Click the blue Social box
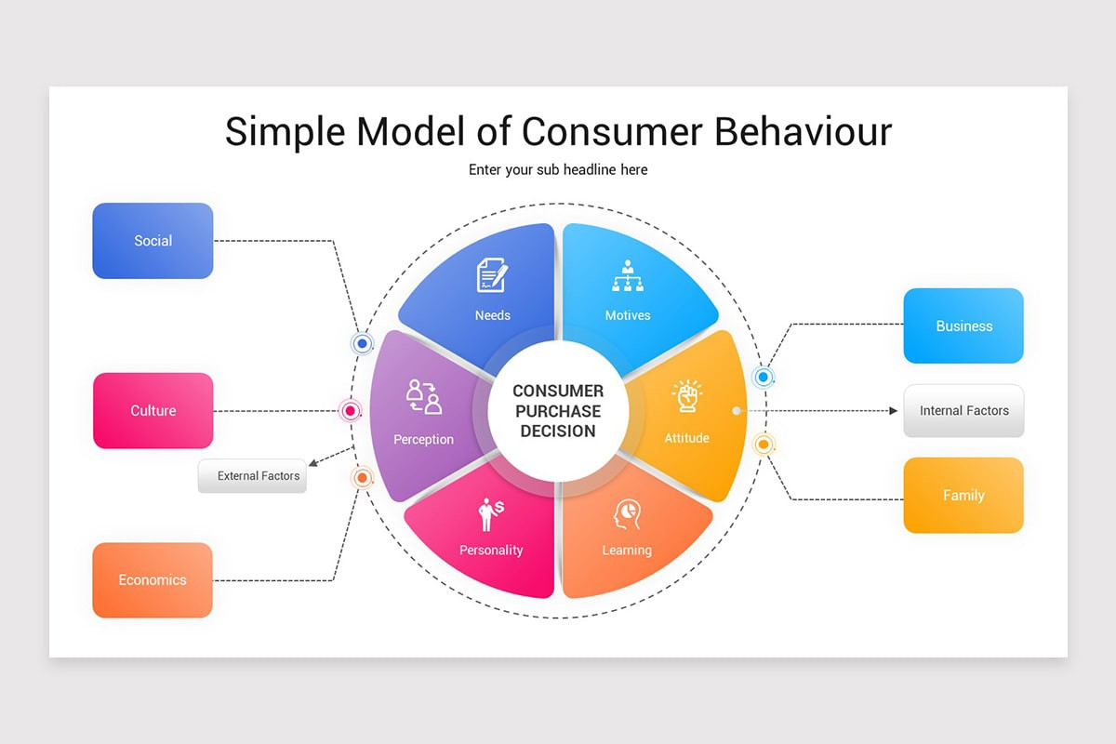tap(153, 241)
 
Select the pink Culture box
tap(153, 410)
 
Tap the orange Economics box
tap(153, 579)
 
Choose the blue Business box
tap(963, 325)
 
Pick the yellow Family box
tap(963, 495)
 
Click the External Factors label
tap(252, 476)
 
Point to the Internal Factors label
tap(963, 410)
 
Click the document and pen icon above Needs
tap(492, 275)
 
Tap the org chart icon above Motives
tap(628, 276)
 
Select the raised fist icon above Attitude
tap(686, 396)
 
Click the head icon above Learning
tap(627, 513)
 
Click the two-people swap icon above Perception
tap(424, 397)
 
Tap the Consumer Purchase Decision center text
tap(558, 411)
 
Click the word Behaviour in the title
tap(803, 131)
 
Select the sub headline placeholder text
tap(558, 170)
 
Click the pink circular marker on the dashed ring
tap(351, 410)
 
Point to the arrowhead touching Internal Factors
tap(893, 410)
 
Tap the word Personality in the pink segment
tap(491, 551)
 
